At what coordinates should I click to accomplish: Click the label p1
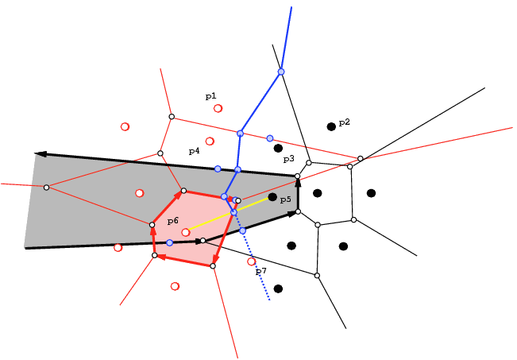210,96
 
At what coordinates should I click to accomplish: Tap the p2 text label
344,122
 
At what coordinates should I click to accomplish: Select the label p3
289,160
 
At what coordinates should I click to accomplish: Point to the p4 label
195,151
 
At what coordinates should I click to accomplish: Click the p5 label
286,199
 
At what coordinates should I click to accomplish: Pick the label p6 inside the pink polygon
173,221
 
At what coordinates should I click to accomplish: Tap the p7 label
261,271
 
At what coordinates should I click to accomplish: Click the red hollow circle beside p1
218,108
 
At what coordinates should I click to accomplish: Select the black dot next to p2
331,126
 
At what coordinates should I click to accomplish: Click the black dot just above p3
278,148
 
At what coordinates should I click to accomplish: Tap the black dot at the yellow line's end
272,197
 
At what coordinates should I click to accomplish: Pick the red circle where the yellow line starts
186,232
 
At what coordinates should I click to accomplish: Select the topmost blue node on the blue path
281,72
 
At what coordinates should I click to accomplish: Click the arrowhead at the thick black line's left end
41,154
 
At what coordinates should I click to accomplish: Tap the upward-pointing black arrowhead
298,183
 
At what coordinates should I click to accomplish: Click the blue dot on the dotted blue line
242,230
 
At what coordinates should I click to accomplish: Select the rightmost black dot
371,193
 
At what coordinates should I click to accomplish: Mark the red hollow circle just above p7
251,261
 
